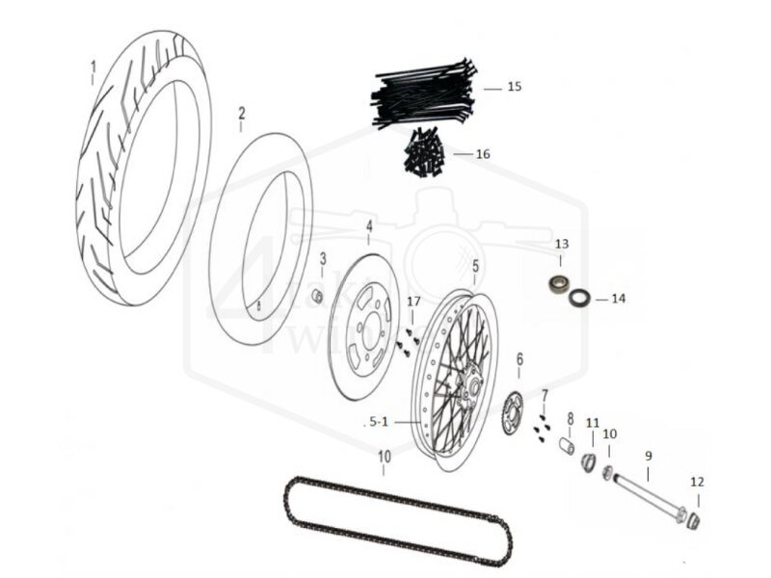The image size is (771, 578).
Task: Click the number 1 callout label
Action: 93,67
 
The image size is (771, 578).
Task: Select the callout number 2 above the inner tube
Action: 242,113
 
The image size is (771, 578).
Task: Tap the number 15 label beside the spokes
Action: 514,87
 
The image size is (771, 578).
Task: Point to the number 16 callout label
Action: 483,154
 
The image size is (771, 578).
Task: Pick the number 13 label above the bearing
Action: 561,244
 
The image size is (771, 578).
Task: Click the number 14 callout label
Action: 618,299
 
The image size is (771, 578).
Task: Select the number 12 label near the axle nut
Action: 697,482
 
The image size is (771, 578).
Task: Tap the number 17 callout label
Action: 413,302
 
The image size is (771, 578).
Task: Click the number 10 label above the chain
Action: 384,456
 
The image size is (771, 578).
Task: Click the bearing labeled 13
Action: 557,285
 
